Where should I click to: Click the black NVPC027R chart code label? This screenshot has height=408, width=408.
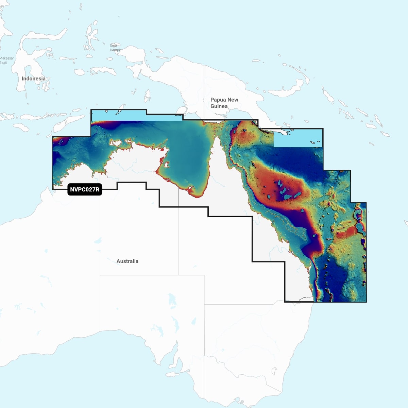85,189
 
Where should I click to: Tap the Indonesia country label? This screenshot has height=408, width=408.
33,79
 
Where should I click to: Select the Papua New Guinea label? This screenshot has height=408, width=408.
224,103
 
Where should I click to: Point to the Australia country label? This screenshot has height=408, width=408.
127,261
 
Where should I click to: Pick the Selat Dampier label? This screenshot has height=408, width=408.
115,48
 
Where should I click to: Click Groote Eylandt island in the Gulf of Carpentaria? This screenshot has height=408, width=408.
167,165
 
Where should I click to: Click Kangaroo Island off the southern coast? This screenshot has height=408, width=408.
172,374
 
